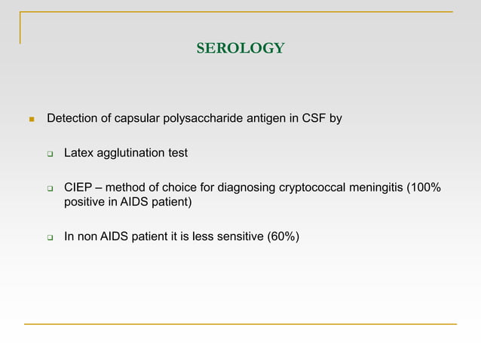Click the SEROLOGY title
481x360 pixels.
click(240, 49)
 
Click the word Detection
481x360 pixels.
click(72, 118)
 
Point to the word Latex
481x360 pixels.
click(79, 153)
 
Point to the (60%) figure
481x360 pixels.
click(278, 237)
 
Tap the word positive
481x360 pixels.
click(84, 202)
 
